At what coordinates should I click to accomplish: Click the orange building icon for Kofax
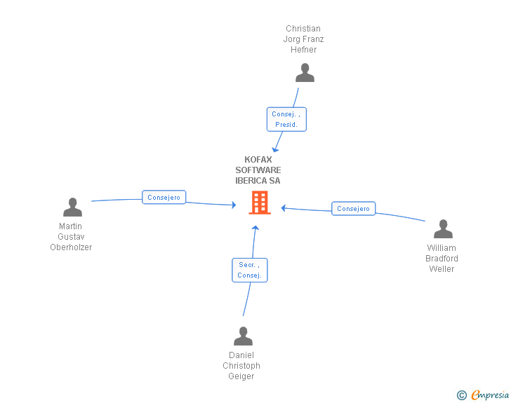[260, 203]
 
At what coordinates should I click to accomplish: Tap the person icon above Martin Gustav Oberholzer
[73, 207]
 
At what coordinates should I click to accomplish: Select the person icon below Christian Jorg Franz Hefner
[305, 73]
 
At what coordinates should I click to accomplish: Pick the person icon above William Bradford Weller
[443, 229]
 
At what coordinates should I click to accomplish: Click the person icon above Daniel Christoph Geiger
[243, 336]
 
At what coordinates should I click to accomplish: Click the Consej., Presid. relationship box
[286, 119]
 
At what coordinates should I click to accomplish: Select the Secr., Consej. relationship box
[250, 271]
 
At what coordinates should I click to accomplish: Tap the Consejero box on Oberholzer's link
[164, 197]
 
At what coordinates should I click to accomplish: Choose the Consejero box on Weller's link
[353, 209]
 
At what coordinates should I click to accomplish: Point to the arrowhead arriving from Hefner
[275, 150]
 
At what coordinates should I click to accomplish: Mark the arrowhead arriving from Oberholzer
[234, 205]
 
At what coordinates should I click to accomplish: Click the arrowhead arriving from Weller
[283, 208]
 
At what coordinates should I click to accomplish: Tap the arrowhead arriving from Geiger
[255, 228]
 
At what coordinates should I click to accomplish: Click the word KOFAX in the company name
[258, 160]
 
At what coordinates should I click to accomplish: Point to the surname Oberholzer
[71, 247]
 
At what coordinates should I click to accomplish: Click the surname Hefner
[304, 50]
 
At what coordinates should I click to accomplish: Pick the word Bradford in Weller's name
[442, 259]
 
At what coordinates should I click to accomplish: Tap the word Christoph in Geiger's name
[241, 366]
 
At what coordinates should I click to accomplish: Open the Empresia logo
[483, 395]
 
